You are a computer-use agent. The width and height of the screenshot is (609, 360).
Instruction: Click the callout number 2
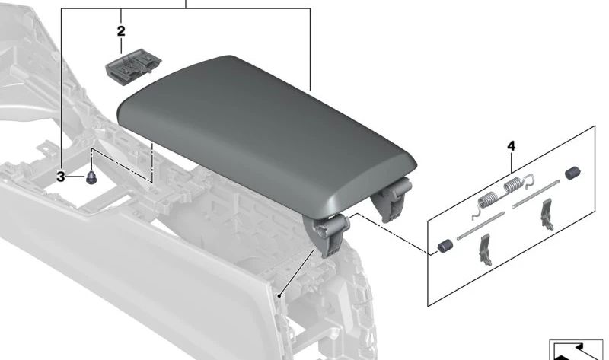[x=121, y=31]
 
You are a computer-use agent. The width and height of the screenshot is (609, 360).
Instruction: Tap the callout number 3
[x=62, y=177]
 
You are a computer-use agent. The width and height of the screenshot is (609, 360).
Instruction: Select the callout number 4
[x=511, y=145]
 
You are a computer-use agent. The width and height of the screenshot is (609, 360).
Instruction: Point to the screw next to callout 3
[x=91, y=179]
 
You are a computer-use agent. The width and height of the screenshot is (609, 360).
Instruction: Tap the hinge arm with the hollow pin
[x=329, y=232]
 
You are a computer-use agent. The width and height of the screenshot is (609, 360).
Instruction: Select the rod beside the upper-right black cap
[x=538, y=194]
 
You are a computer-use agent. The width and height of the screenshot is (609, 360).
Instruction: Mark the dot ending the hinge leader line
[x=280, y=294]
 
